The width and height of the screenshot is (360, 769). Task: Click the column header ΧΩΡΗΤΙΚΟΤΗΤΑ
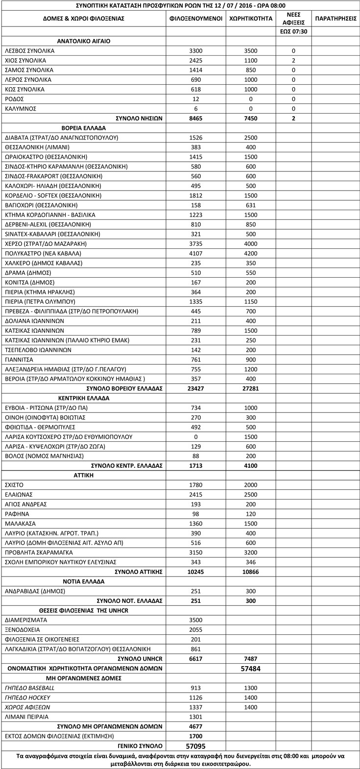[x=250, y=18]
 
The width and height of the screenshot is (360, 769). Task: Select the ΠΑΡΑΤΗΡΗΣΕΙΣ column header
[x=336, y=18]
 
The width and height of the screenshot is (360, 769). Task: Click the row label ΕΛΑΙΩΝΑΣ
[x=18, y=495]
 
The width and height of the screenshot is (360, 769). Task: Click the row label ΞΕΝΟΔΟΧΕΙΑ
[x=22, y=630]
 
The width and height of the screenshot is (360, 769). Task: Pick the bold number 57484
[x=250, y=669]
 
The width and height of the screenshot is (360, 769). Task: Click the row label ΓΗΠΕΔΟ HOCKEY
[x=27, y=697]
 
